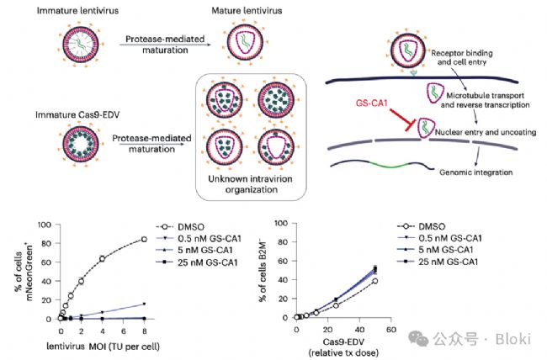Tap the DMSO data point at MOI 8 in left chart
point(145,239)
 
